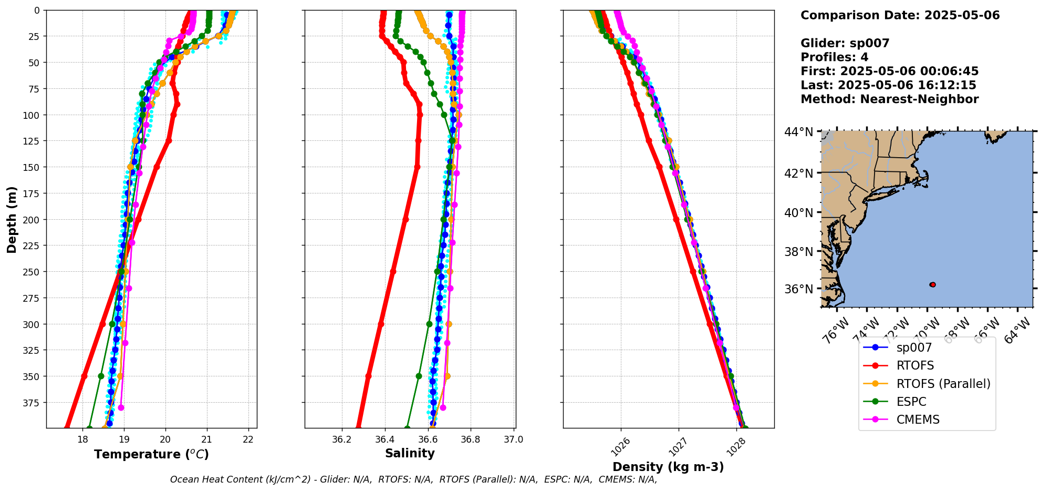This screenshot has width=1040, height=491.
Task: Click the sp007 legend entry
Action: coord(914,348)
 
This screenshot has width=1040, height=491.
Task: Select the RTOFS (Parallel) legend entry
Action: coord(943,384)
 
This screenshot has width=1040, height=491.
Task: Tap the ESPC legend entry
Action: coord(911,402)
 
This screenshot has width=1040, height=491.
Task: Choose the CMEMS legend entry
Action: coord(918,420)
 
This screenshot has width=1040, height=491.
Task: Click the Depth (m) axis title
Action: coord(12,219)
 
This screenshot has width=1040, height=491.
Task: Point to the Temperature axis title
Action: coord(151,454)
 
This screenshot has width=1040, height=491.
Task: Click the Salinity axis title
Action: coord(410,453)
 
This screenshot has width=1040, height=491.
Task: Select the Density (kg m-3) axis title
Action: coord(668,467)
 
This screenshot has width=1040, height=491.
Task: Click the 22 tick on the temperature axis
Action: coord(248,439)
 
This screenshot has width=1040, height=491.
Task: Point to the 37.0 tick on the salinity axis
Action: coord(513,439)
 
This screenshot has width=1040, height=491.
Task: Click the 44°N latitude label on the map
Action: coord(798,132)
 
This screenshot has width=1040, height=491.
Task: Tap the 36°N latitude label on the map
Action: coord(798,289)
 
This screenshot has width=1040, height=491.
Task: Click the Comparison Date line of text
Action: coord(900,15)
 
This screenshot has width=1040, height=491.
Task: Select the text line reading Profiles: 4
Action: coord(834,57)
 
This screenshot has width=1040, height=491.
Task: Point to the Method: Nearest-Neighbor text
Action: coord(889,99)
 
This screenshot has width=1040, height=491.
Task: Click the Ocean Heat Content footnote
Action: coord(413,479)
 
